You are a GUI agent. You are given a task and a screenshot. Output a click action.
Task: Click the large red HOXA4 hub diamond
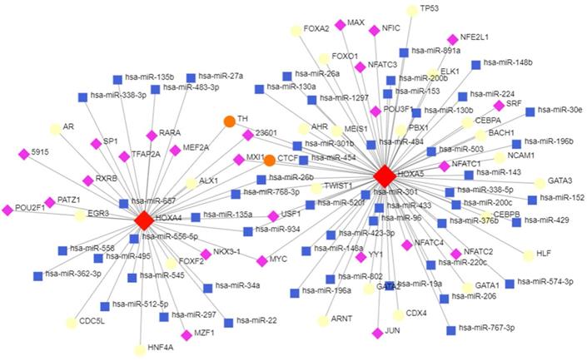coord(144,220)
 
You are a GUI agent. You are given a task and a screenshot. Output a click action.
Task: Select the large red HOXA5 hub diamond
coord(384,176)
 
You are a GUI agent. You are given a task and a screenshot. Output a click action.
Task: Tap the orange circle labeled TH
coord(229,121)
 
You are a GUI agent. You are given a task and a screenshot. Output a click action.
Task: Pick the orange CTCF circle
coord(269,159)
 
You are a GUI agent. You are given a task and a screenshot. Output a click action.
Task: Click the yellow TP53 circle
coord(411,10)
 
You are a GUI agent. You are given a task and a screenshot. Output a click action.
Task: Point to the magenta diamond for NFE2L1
coord(452,39)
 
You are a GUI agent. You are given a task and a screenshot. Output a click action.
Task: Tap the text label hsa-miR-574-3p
coord(545,281)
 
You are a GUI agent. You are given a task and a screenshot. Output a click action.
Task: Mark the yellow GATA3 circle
coord(540,182)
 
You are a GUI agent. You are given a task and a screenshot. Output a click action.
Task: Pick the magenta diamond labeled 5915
coord(23,154)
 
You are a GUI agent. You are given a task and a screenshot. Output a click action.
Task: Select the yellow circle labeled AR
coord(55,129)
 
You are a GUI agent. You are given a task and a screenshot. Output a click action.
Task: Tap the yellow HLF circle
coord(527,255)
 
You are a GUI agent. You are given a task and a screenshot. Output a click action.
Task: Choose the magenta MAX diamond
coord(340,24)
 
